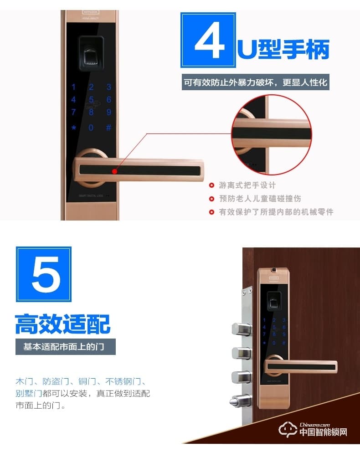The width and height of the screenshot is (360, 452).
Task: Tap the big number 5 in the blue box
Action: (x=44, y=274)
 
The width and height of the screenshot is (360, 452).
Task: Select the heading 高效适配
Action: (x=63, y=324)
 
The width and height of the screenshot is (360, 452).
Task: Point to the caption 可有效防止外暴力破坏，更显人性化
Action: (x=255, y=83)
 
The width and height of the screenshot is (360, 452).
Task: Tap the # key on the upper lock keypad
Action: (x=108, y=128)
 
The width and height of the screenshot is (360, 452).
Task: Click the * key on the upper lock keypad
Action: (x=74, y=128)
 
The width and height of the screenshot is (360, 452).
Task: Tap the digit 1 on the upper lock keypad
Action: (x=74, y=87)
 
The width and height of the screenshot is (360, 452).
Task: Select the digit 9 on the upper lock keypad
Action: (x=108, y=112)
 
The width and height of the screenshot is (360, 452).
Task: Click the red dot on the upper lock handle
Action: (x=114, y=172)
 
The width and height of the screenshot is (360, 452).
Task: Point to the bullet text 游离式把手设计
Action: (x=247, y=185)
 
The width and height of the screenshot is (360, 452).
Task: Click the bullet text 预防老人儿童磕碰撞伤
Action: (x=260, y=199)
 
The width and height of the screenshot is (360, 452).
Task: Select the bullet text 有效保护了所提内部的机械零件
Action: (x=276, y=212)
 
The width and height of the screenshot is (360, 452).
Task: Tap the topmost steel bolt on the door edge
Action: (x=241, y=329)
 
